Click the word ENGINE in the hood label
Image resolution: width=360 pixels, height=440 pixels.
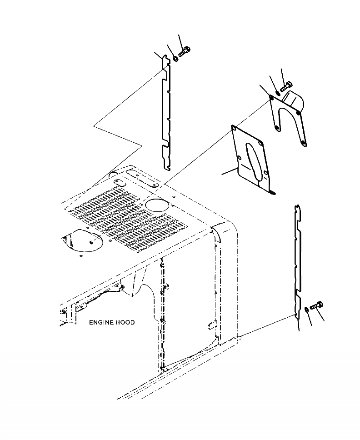tap(100, 322)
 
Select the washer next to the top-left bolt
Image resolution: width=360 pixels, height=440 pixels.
tap(175, 58)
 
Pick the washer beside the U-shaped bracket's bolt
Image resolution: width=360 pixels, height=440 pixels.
tap(279, 92)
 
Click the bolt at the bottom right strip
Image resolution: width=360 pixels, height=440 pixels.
tap(317, 307)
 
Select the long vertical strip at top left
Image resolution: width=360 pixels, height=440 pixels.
tap(166, 118)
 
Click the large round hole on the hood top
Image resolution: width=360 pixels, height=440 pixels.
tap(156, 205)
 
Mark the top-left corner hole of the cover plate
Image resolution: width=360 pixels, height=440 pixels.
tap(233, 128)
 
